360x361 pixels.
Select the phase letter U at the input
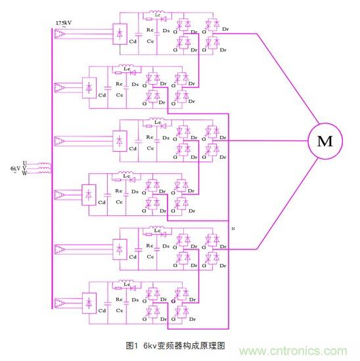click(25, 162)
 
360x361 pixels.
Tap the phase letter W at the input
click(25, 174)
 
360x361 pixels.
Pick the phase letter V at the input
click(25, 168)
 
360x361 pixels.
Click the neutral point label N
click(234, 227)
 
